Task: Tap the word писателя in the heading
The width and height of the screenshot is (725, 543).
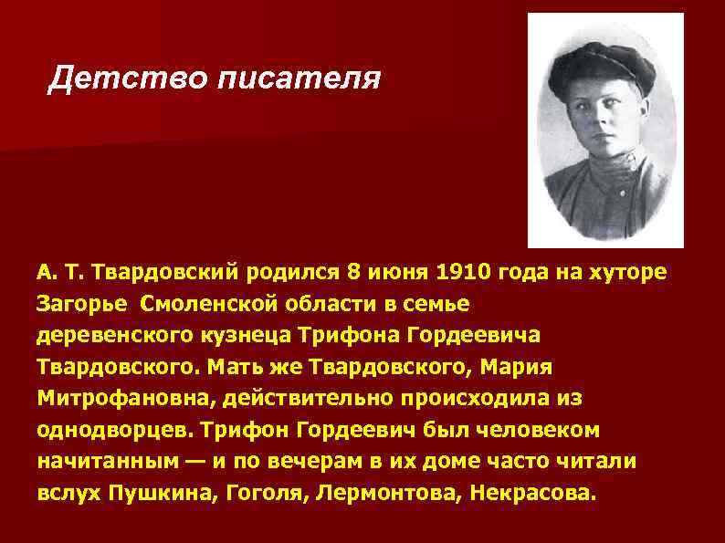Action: coord(296,79)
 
